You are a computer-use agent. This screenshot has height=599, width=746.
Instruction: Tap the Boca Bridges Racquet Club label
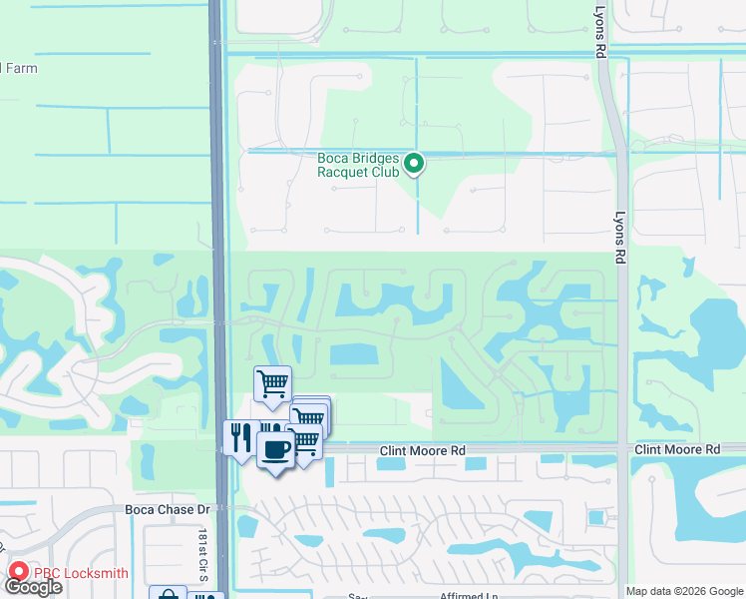point(358,165)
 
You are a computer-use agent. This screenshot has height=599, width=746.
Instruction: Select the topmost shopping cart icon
point(272,384)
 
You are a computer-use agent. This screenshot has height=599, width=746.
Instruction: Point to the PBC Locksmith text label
point(81,573)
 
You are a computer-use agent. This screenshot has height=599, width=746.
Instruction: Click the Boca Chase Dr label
point(169,509)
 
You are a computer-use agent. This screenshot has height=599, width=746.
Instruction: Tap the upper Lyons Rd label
point(600,37)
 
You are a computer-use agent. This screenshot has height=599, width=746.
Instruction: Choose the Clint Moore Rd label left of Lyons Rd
point(422,451)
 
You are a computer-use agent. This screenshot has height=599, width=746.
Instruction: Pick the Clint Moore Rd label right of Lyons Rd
point(676,450)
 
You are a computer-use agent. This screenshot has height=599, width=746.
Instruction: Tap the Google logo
point(34,587)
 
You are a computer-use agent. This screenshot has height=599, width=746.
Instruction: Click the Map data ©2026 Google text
point(684,591)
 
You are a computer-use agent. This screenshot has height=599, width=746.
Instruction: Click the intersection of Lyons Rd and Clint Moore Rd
point(623,450)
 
